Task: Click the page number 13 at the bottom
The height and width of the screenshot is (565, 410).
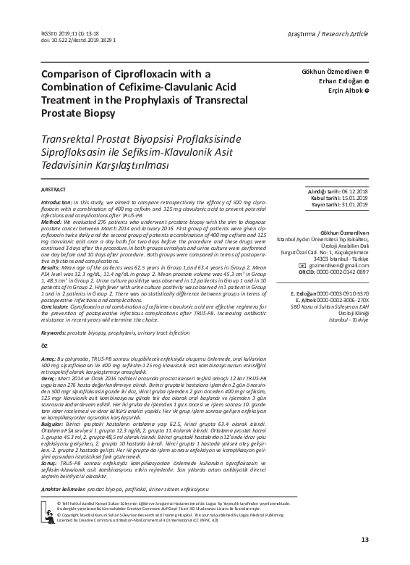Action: [364, 539]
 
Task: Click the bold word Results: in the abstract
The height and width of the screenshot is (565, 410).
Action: [55, 268]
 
